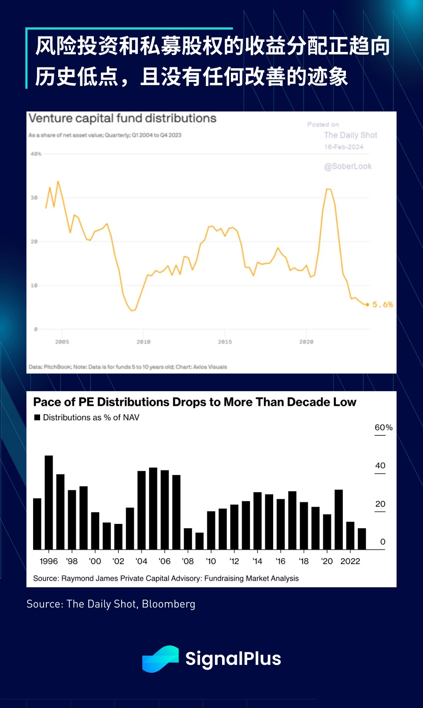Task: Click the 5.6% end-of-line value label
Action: coord(382,304)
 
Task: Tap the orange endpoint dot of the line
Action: coord(367,304)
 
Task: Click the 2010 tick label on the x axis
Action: coord(143,342)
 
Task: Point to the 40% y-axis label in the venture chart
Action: coord(36,154)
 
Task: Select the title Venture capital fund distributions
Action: coord(122,118)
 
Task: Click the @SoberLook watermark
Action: coord(348,166)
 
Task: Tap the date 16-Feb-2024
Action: coord(344,147)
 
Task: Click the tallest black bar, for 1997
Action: coord(49,502)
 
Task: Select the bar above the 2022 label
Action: coord(350,535)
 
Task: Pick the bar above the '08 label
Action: coord(188,538)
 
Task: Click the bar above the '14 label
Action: coord(257,521)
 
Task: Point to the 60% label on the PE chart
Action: coord(383,427)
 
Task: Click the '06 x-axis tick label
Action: coord(164,561)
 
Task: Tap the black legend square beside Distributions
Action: coord(37,417)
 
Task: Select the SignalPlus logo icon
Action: coord(160,659)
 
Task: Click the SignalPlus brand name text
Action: coord(233,659)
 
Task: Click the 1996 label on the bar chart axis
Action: coord(48,561)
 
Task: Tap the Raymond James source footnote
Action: coord(166,578)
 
